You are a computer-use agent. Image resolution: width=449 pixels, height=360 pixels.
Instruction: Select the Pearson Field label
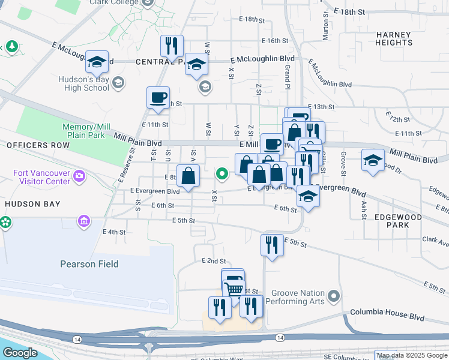coord(89,264)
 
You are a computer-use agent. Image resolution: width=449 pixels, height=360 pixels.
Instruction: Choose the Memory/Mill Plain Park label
coord(86,131)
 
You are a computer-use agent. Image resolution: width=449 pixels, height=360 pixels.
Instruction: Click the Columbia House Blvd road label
coord(387,313)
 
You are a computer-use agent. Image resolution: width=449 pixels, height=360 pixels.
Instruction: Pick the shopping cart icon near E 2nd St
coord(234,289)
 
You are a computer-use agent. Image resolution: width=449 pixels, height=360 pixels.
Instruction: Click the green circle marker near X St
coord(222,175)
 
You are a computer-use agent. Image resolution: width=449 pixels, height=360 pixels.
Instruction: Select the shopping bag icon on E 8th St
coord(188,176)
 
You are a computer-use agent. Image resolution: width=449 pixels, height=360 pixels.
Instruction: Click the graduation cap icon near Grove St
coord(373,160)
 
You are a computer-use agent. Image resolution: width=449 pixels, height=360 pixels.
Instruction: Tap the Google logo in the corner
coord(20,353)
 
